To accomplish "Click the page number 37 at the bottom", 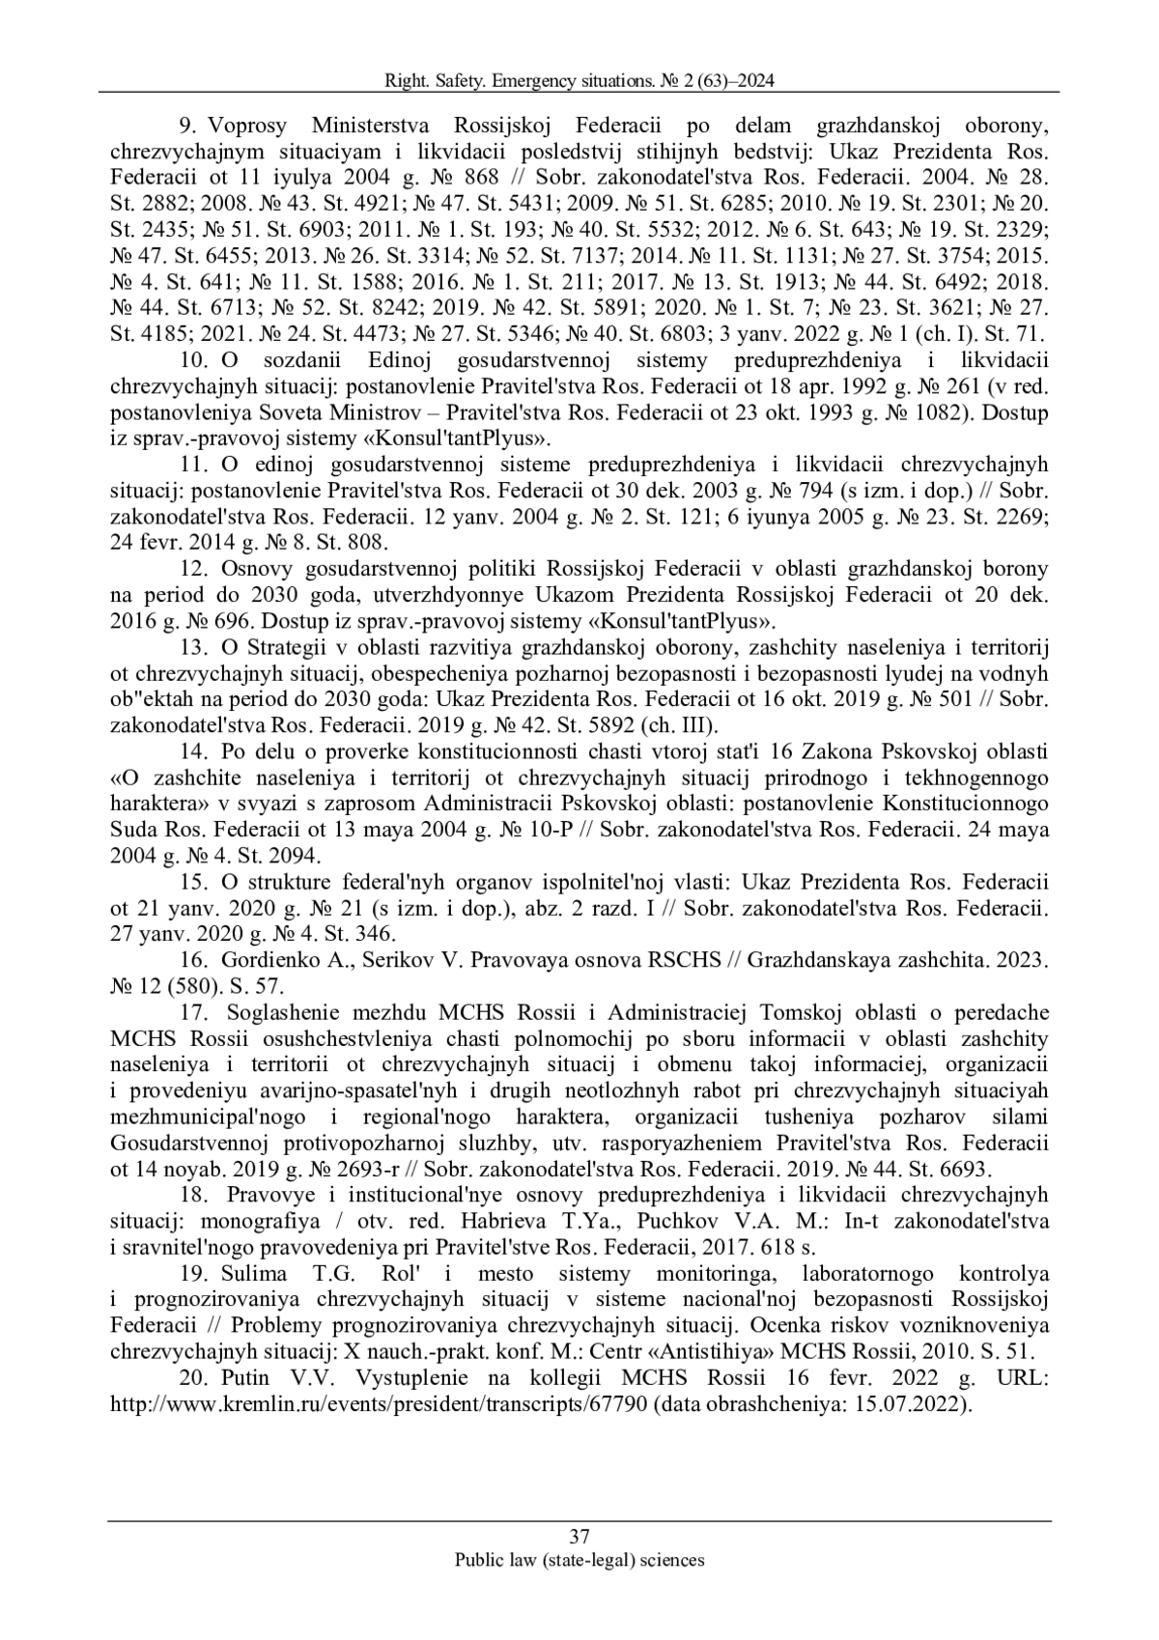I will coord(579,1537).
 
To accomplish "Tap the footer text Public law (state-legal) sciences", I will coord(579,1559).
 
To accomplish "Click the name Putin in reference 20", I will coord(244,1378).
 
